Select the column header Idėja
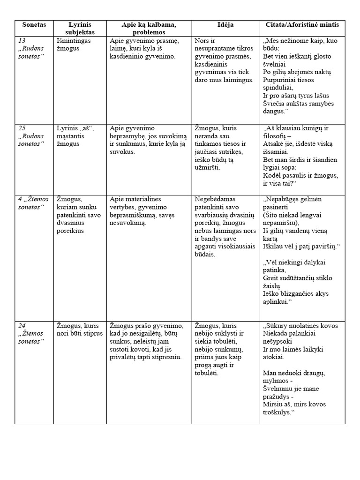click(225, 24)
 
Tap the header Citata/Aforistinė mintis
click(302, 24)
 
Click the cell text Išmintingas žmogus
click(73, 45)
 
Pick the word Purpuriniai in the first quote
click(280, 80)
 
